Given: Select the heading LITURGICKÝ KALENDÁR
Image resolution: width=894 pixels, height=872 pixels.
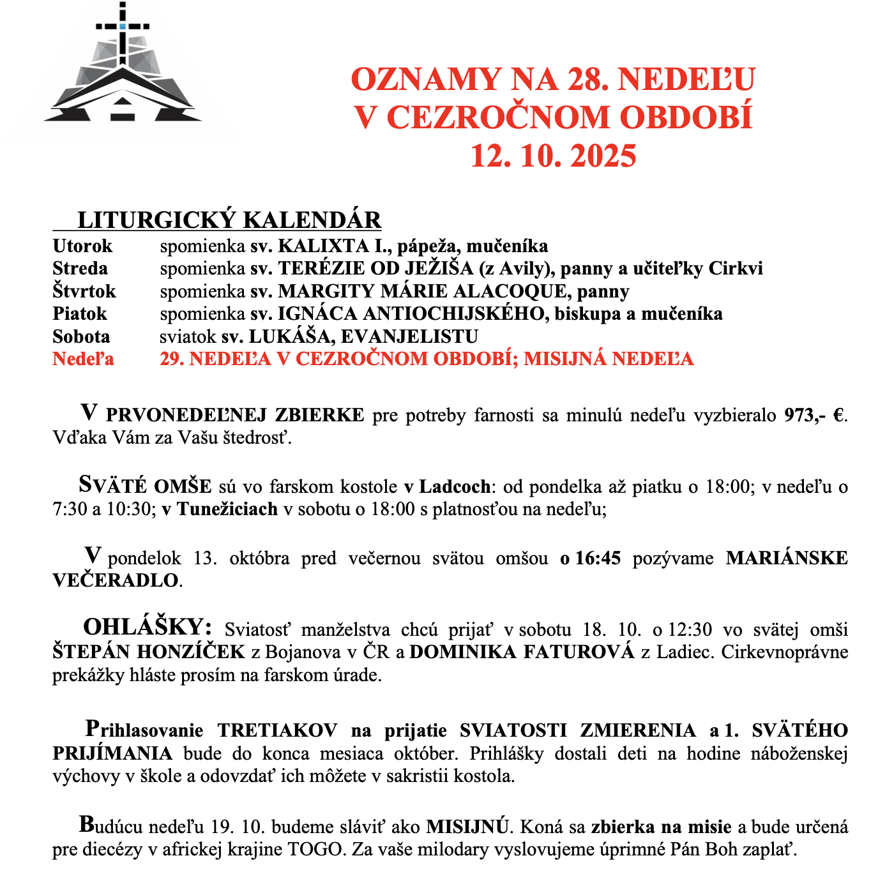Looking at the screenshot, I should (229, 220).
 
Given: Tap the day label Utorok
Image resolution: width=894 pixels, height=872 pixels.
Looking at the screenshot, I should (82, 246).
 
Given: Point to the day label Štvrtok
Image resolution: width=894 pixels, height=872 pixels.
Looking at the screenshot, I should (84, 292).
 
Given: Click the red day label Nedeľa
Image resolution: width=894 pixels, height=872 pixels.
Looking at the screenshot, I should (83, 359).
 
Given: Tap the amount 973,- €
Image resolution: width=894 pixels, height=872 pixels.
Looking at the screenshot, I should (815, 416).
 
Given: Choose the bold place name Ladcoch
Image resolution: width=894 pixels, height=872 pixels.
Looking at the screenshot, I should (455, 487).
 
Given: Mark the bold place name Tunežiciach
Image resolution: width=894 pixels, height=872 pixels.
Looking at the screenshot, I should (227, 509).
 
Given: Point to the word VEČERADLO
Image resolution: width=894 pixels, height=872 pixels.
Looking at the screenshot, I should (115, 581).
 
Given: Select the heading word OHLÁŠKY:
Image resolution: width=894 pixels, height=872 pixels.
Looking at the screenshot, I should (147, 628).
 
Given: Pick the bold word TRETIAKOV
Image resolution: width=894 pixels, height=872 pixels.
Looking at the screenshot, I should (278, 731).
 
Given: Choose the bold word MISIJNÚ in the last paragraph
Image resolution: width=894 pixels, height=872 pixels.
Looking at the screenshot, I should (467, 827).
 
